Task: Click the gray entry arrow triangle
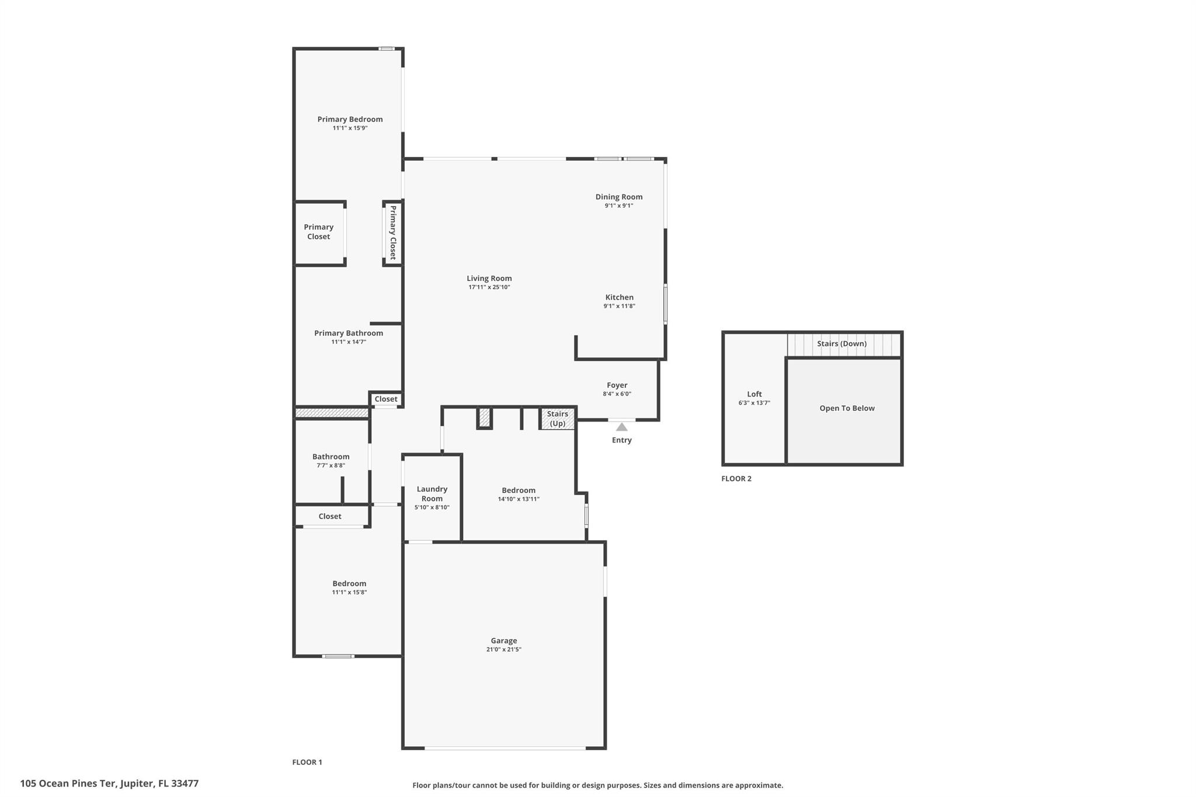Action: point(622,427)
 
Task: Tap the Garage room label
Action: point(504,641)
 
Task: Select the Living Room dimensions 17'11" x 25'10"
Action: point(489,287)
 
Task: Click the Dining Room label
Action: point(619,197)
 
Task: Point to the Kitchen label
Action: point(619,297)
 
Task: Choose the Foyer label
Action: point(617,385)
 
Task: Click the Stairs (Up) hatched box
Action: point(558,419)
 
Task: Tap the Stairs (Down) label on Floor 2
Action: point(842,343)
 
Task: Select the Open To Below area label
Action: point(847,408)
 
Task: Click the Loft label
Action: point(755,394)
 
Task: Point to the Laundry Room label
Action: point(432,494)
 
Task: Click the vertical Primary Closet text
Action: point(393,232)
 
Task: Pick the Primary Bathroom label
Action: point(349,333)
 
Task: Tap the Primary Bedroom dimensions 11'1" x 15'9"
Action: point(350,128)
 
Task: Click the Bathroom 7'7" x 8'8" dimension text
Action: point(331,465)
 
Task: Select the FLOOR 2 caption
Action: point(736,479)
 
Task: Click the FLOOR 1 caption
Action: point(307,762)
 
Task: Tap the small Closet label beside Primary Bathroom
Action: point(386,399)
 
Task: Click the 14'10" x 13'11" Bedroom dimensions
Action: point(519,499)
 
